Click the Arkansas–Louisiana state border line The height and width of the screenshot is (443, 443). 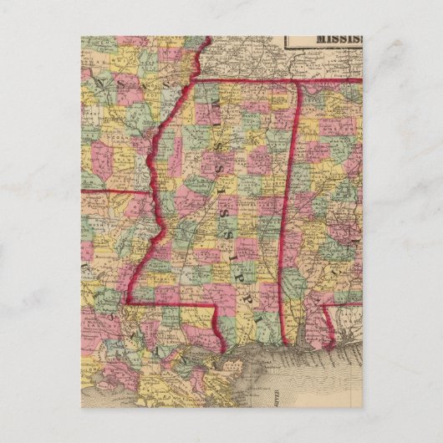117,191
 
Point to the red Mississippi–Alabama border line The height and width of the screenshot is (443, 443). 290,209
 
